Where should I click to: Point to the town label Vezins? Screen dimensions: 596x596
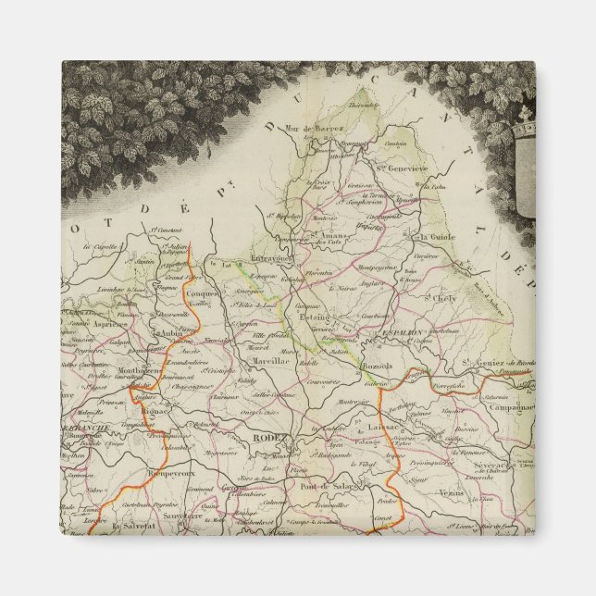click(452, 491)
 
